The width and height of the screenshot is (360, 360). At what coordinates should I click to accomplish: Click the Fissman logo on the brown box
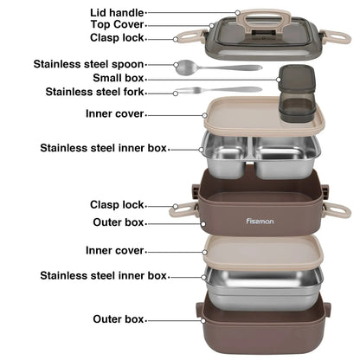(x=260, y=222)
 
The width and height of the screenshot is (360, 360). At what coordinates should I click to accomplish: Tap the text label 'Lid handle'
(x=117, y=13)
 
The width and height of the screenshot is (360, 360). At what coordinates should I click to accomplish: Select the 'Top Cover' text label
(x=117, y=24)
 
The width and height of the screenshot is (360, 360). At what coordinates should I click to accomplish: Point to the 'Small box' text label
(x=119, y=78)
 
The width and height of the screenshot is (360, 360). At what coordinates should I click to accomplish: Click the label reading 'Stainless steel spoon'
(x=88, y=64)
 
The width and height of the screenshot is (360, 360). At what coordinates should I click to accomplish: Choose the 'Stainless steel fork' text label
(x=94, y=92)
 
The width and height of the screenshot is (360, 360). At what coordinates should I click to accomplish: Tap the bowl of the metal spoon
(x=185, y=67)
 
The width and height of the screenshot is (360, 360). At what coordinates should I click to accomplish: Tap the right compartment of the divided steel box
(x=286, y=157)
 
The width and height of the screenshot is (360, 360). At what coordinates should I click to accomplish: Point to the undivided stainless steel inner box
(x=263, y=287)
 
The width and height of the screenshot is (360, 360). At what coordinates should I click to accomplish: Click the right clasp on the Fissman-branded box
(x=337, y=209)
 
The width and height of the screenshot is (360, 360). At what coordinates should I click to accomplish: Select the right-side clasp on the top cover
(x=336, y=37)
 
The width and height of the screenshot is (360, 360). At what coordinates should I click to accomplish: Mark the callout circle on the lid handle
(x=237, y=13)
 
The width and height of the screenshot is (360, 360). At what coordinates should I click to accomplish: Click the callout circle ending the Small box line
(x=279, y=80)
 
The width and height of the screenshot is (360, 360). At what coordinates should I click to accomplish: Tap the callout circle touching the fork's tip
(x=176, y=93)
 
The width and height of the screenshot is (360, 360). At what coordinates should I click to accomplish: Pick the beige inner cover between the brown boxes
(x=263, y=253)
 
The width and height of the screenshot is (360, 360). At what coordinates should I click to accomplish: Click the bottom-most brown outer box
(x=263, y=327)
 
